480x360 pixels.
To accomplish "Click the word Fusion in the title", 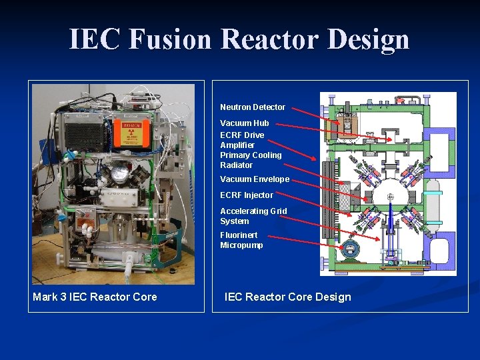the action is click(170, 39).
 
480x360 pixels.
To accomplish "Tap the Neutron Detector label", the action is click(253, 107).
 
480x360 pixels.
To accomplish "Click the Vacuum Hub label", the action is click(245, 123).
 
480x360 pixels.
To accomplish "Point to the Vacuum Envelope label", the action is click(255, 179).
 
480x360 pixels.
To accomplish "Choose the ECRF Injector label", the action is click(247, 195).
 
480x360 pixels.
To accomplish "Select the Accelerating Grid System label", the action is click(253, 216).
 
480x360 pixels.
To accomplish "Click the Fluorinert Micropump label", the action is click(241, 240).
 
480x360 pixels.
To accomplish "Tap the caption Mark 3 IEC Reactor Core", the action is click(95, 297).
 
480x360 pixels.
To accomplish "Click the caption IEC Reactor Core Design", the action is click(287, 297).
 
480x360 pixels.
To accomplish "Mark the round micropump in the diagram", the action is click(348, 249).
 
